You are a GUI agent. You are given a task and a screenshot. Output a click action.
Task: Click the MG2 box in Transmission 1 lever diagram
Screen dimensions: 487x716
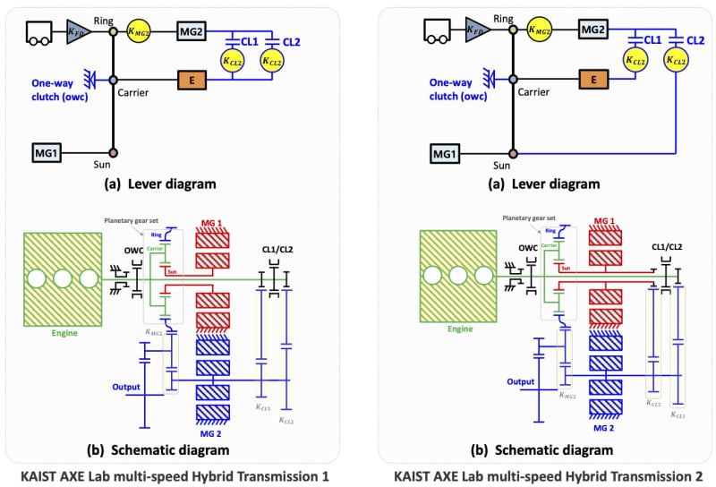point(192,31)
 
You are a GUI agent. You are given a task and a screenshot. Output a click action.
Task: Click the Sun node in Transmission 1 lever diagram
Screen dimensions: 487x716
point(113,153)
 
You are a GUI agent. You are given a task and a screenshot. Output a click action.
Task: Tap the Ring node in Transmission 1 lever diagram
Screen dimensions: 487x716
point(113,31)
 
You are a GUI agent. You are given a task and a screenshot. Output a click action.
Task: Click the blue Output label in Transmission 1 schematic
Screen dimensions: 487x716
point(126,387)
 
